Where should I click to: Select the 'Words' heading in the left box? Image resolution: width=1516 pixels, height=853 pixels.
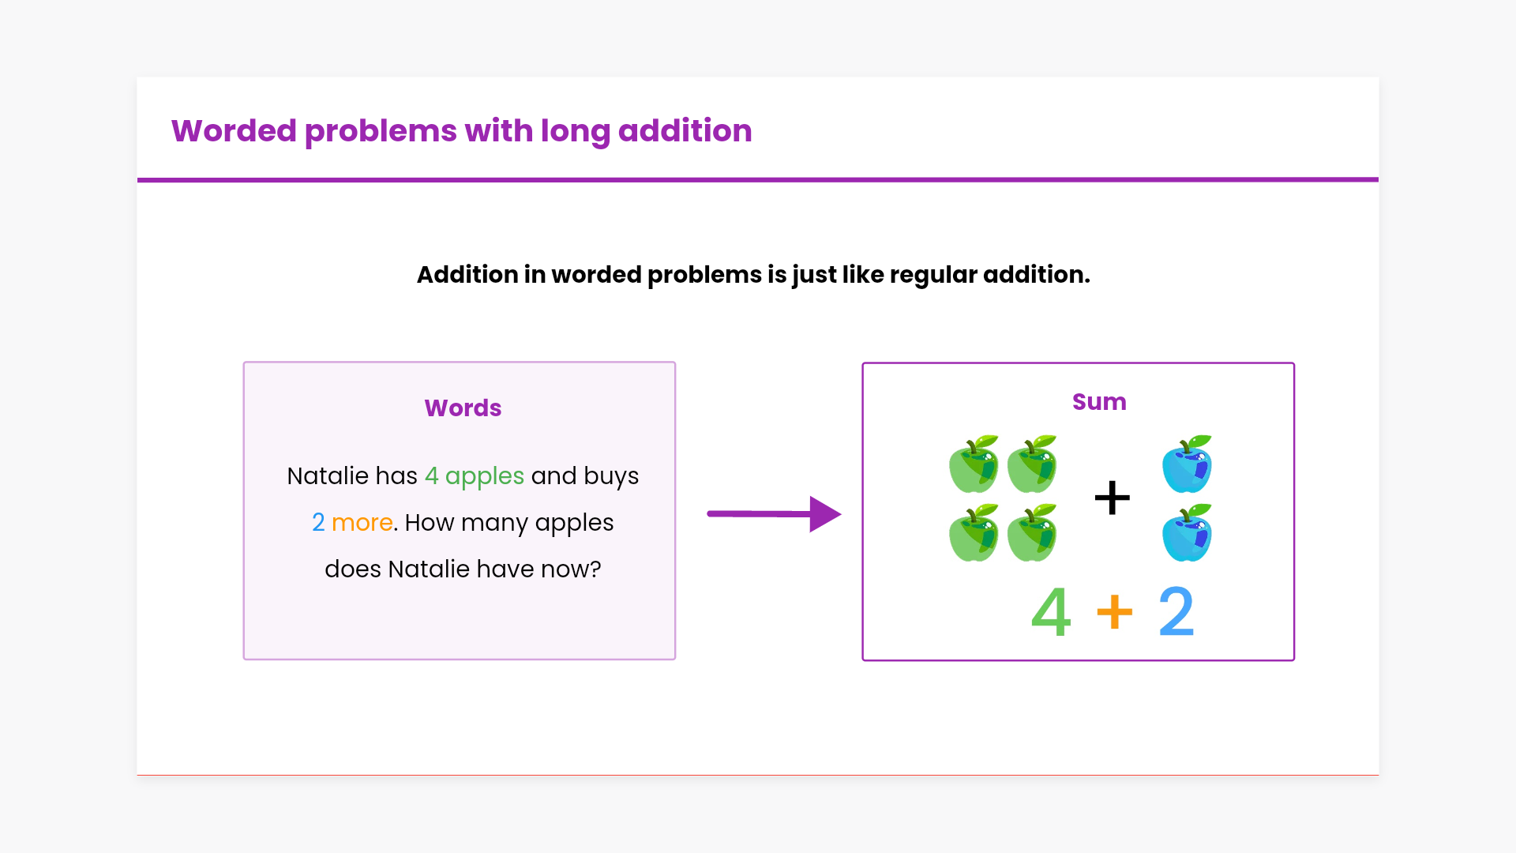click(x=463, y=408)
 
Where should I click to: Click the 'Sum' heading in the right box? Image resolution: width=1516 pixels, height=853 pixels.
click(x=1099, y=402)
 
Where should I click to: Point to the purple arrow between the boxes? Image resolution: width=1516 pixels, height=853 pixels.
click(x=774, y=514)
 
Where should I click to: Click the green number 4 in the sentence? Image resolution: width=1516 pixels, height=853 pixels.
click(x=431, y=476)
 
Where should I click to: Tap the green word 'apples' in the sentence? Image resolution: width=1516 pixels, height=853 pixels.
click(x=485, y=477)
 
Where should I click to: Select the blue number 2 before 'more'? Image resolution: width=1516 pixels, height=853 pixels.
click(x=318, y=523)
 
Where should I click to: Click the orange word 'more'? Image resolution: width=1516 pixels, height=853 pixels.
click(x=362, y=523)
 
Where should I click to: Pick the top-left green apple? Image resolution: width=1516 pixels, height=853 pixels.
click(x=974, y=464)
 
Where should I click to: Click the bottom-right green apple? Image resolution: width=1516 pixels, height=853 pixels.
click(x=1032, y=534)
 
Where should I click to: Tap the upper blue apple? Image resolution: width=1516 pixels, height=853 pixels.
click(x=1187, y=464)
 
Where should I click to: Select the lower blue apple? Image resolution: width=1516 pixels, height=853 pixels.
click(x=1187, y=534)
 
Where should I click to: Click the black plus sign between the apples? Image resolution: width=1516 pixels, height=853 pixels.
click(x=1112, y=498)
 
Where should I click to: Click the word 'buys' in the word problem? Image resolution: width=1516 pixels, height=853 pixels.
click(x=611, y=476)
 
